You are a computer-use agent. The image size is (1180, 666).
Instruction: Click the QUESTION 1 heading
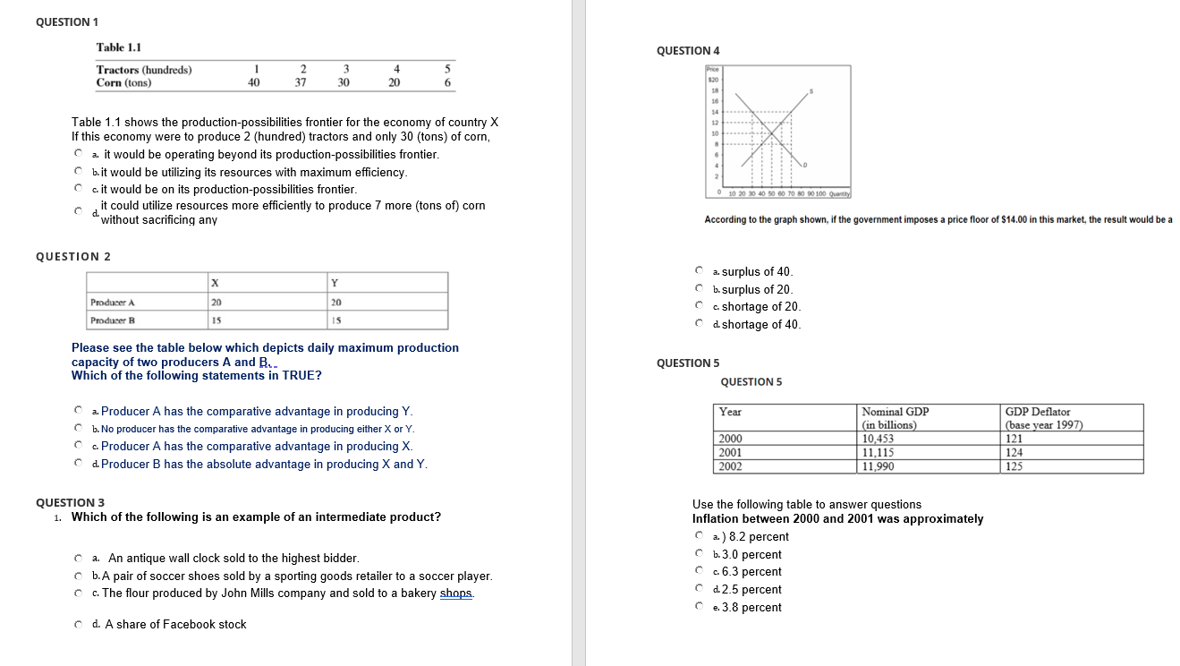pos(67,21)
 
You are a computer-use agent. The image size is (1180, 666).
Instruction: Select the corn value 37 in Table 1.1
pos(301,82)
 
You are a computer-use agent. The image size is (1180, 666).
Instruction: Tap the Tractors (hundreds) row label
pos(144,70)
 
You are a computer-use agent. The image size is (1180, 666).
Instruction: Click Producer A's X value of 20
pos(216,303)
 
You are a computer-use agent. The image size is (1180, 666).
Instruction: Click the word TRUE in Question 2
pos(301,375)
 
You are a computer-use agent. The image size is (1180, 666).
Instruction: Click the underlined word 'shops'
pos(456,593)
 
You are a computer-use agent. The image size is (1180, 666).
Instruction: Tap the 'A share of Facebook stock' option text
pos(175,624)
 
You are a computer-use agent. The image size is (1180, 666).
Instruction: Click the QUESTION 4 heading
pos(688,51)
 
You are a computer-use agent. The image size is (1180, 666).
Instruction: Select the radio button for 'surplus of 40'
pos(699,271)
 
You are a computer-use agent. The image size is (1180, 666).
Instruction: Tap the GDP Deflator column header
pos(1038,412)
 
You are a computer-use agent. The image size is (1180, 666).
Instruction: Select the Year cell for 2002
pos(731,465)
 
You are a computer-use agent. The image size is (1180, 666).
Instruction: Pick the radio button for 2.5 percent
pos(699,590)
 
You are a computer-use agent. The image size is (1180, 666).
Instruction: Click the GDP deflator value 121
pos(1014,439)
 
